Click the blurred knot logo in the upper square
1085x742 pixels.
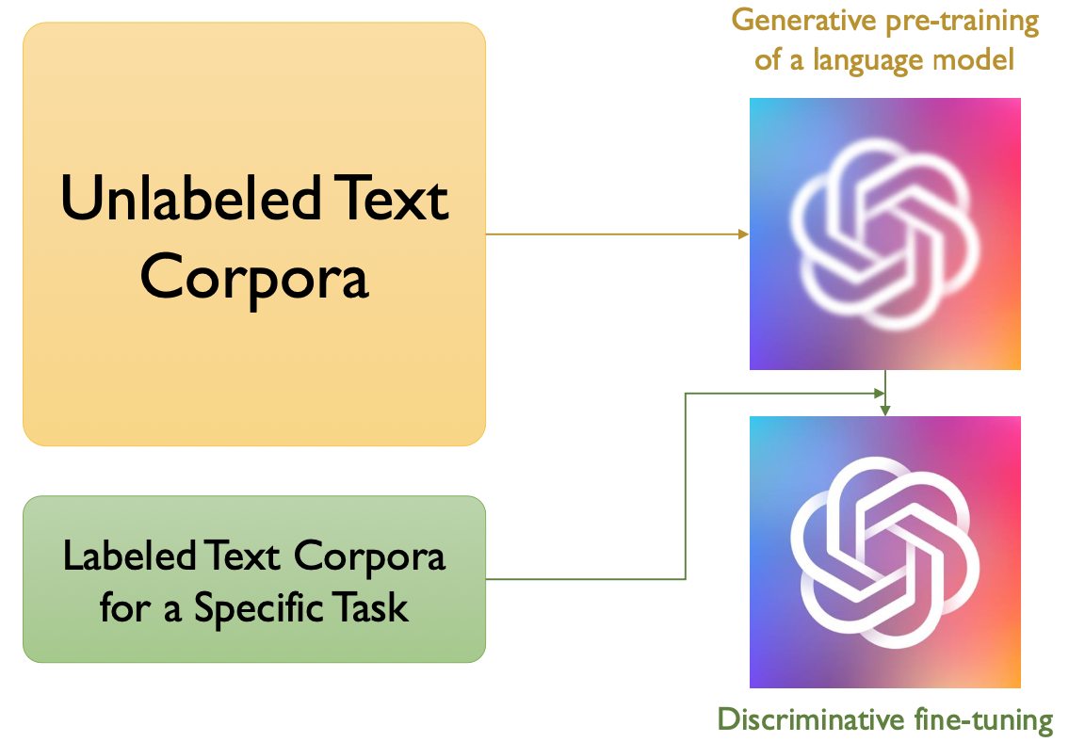[884, 234]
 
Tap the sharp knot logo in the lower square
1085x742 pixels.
[884, 551]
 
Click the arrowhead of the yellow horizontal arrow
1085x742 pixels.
[744, 234]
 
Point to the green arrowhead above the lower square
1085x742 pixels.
[884, 410]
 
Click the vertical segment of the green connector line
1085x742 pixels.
[686, 486]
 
